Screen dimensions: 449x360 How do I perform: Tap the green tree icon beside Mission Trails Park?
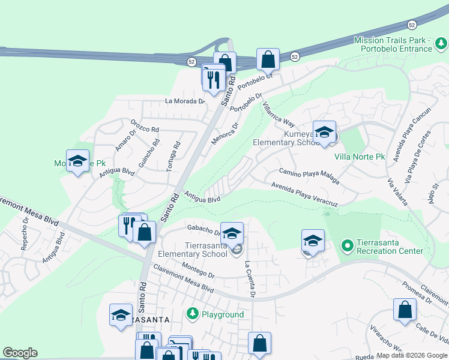click(x=441, y=43)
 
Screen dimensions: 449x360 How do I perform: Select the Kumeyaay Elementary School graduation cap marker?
click(x=324, y=133)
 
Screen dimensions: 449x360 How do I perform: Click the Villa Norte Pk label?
click(x=359, y=157)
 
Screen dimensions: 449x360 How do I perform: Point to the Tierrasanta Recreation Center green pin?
click(x=347, y=245)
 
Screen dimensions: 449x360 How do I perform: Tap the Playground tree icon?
click(x=193, y=314)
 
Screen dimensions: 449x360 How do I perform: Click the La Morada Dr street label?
click(x=185, y=101)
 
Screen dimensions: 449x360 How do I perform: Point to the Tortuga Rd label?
click(x=177, y=154)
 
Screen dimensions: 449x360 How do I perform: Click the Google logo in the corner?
click(x=19, y=353)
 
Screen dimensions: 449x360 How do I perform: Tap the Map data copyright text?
click(x=412, y=356)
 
